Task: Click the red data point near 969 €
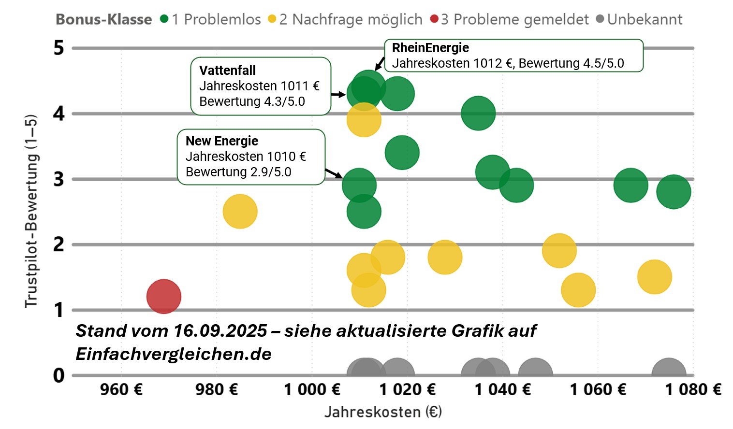pyautogui.click(x=164, y=297)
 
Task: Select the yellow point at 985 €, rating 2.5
pyautogui.click(x=240, y=212)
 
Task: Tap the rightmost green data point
pyautogui.click(x=674, y=192)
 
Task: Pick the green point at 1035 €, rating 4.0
pyautogui.click(x=478, y=113)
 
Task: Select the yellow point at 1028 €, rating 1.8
pyautogui.click(x=445, y=257)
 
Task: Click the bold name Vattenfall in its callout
pyautogui.click(x=227, y=71)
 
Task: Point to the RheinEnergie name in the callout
pyautogui.click(x=430, y=48)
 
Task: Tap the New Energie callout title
pyautogui.click(x=222, y=141)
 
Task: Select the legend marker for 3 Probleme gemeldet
pyautogui.click(x=434, y=19)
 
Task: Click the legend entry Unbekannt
pyautogui.click(x=644, y=19)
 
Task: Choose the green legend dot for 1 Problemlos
pyautogui.click(x=164, y=19)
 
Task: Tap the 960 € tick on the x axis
pyautogui.click(x=121, y=389)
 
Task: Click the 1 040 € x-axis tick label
pyautogui.click(x=503, y=389)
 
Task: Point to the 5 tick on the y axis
pyautogui.click(x=59, y=48)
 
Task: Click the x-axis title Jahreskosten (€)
pyautogui.click(x=383, y=412)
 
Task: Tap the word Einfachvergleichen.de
pyautogui.click(x=174, y=354)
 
